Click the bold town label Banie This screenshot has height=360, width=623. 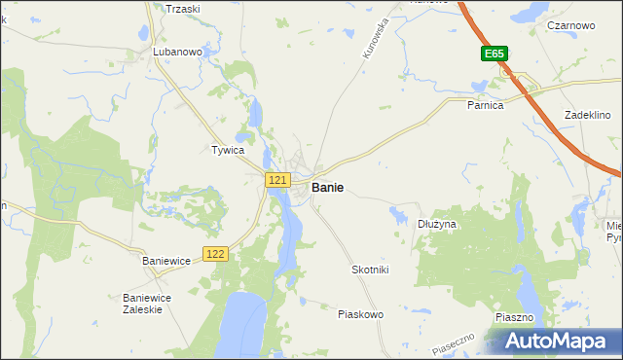tap(326, 187)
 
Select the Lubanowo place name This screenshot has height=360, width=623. tap(176, 52)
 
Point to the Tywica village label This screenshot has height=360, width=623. tap(227, 151)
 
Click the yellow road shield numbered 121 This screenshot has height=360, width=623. tap(277, 180)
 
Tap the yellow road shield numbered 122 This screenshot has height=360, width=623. tap(216, 254)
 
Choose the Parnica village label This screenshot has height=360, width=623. tap(485, 105)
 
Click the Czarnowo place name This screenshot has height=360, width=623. tap(571, 25)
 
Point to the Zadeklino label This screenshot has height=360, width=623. tap(587, 115)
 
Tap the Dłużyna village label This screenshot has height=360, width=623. tap(437, 224)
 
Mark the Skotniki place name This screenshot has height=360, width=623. tap(370, 270)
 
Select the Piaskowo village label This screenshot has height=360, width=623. tap(360, 314)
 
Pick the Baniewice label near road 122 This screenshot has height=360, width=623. tap(166, 261)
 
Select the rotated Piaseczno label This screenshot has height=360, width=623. tap(454, 342)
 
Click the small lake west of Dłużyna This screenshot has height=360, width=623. tap(399, 214)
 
